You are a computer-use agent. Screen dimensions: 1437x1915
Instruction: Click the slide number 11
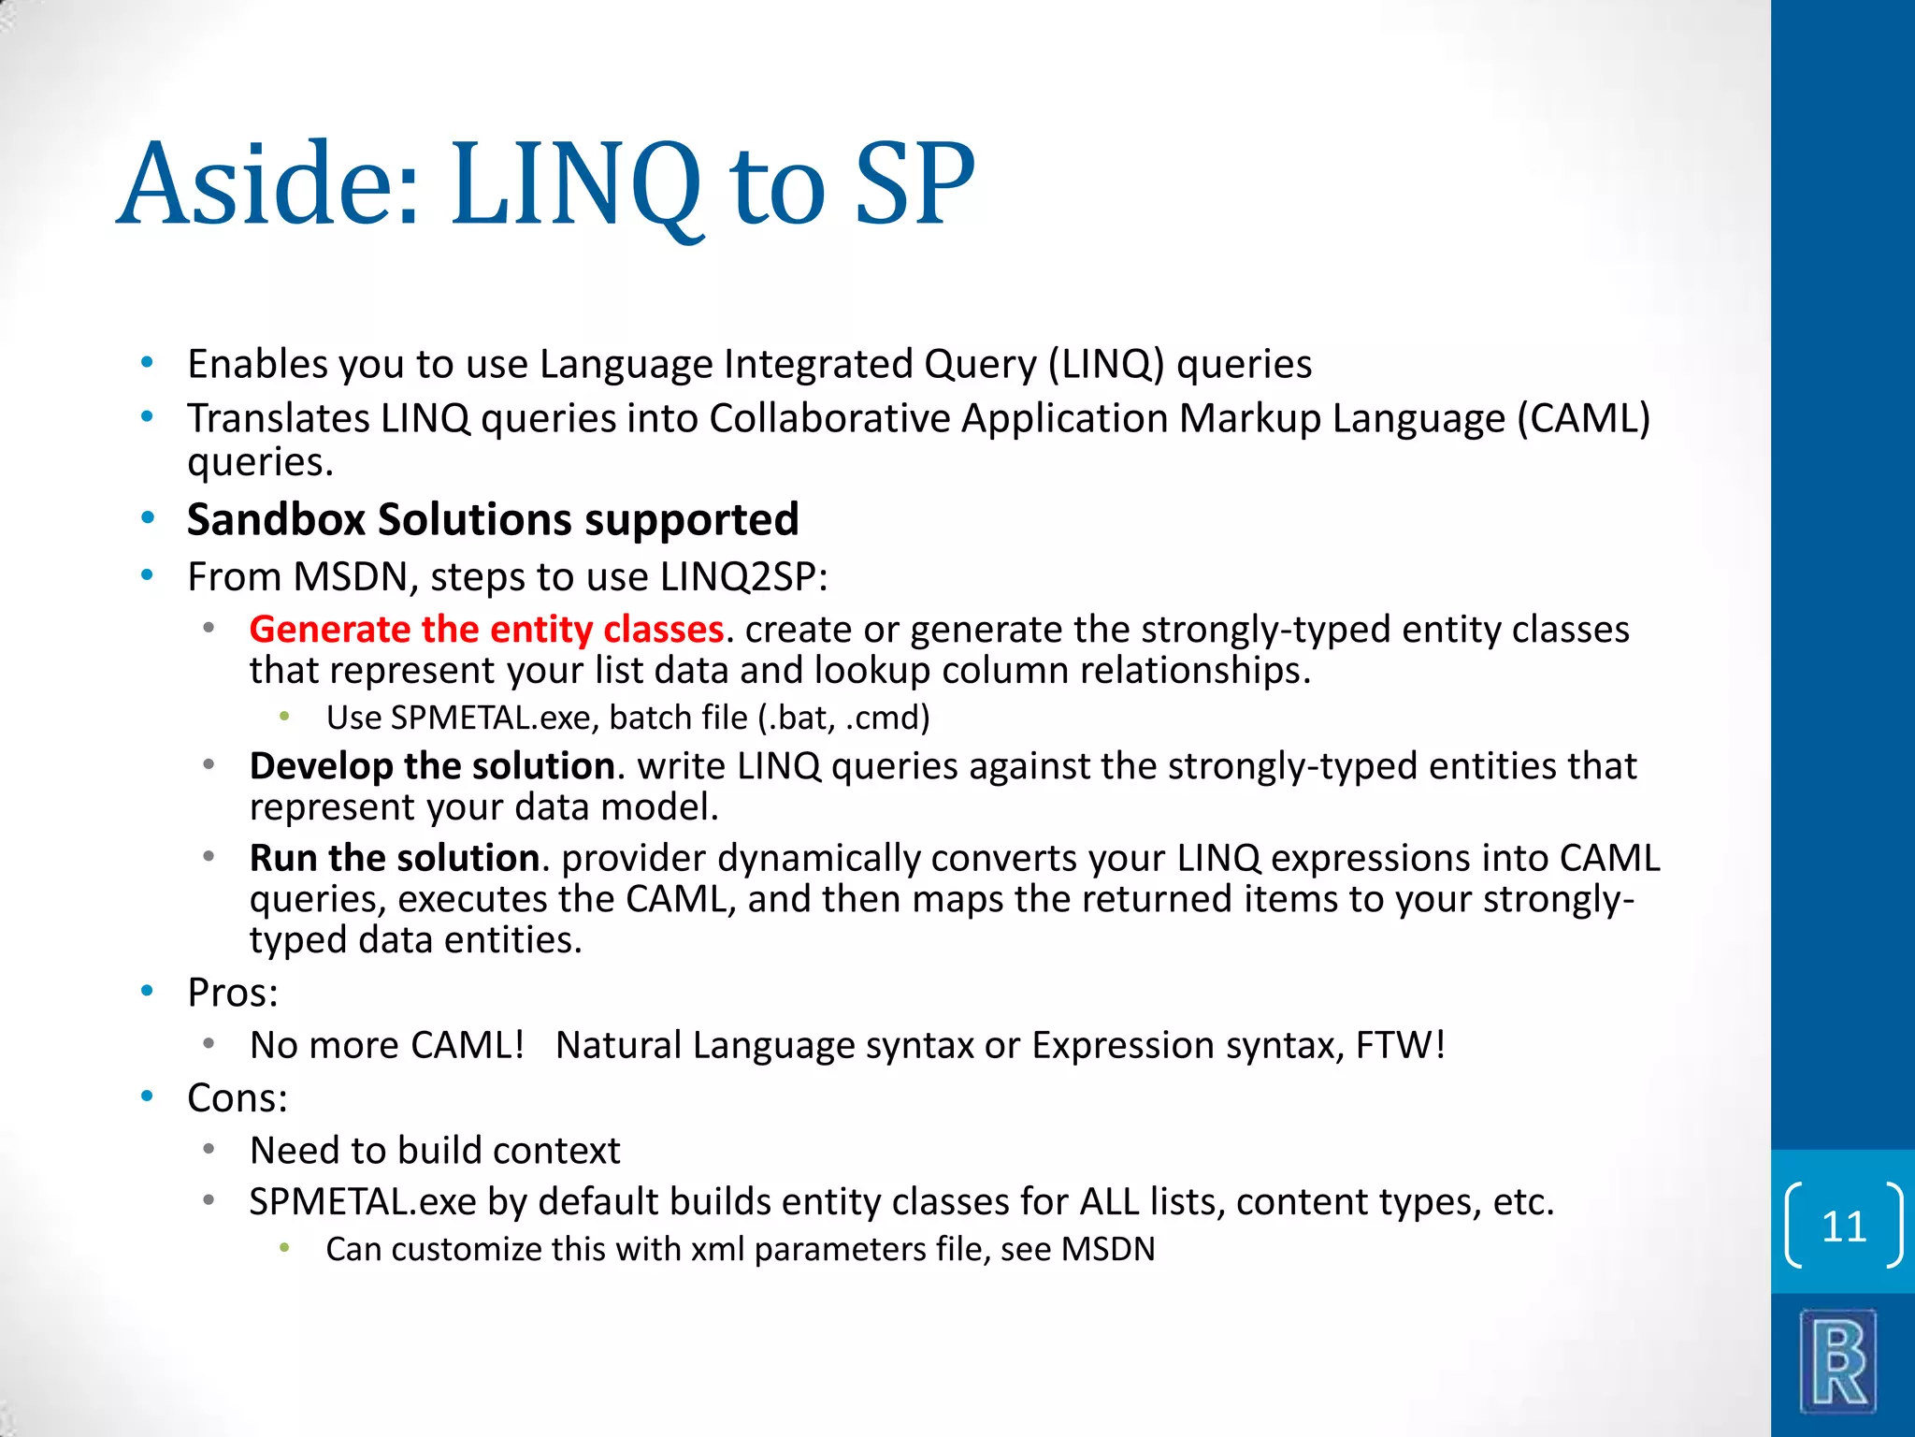click(1843, 1226)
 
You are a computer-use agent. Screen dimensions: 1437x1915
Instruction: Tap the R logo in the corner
click(1838, 1362)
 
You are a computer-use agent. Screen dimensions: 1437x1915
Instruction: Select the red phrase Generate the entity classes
click(486, 629)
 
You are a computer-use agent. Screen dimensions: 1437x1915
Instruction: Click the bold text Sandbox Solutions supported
click(493, 519)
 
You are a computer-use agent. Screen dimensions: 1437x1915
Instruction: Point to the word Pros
click(232, 993)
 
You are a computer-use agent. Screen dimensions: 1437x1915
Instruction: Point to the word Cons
click(237, 1097)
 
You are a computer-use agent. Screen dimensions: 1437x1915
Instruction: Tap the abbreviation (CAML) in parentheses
click(1583, 418)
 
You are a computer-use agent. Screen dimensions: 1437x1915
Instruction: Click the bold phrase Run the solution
click(394, 858)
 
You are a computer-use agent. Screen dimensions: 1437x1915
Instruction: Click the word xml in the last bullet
click(717, 1250)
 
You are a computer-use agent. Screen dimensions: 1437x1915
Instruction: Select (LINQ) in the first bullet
click(1105, 364)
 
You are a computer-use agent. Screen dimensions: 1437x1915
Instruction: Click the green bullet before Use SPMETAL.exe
click(285, 717)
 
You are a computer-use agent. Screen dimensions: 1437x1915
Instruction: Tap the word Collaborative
click(829, 418)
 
